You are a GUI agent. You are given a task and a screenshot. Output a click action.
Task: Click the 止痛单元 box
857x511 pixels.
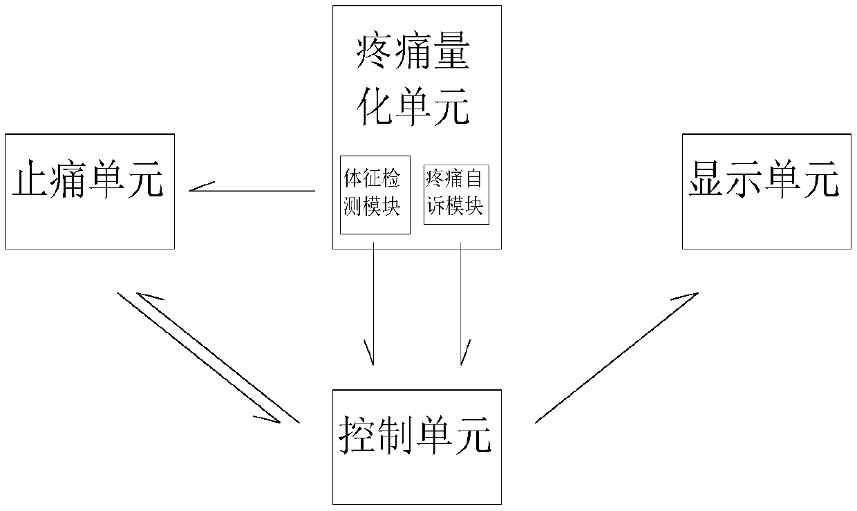point(89,192)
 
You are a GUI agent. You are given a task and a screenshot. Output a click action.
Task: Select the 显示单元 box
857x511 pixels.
point(766,192)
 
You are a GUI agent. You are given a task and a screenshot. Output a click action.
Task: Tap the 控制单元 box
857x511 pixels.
point(417,447)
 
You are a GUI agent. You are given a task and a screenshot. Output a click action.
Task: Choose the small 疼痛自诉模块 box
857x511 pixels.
point(456,194)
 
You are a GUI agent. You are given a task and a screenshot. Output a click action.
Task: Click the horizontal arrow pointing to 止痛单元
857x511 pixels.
point(252,189)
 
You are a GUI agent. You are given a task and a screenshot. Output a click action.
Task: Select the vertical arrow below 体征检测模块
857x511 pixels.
point(373,304)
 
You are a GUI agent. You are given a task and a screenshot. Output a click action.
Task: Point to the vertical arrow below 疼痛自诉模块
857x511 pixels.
point(461,304)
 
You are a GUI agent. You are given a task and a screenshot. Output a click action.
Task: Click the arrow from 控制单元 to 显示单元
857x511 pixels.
point(615,357)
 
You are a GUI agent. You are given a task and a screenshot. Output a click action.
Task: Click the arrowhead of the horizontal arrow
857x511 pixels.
point(197,188)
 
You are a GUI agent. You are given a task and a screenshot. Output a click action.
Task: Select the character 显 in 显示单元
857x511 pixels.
point(706,181)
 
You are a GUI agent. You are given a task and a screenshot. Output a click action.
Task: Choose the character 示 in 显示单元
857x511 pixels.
point(745,181)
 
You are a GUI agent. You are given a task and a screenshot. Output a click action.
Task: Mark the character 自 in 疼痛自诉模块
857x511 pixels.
point(473,178)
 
